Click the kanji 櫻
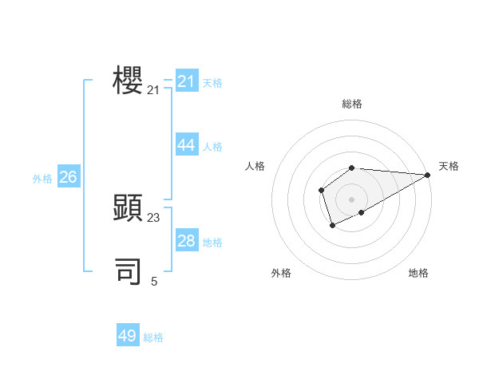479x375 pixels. [128, 81]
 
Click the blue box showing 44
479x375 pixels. [187, 144]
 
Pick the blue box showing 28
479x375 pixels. [187, 240]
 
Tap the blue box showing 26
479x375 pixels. [69, 177]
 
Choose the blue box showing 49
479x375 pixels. [128, 336]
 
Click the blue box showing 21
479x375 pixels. [187, 81]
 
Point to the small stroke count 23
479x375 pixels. [153, 218]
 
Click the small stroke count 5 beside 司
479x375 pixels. [154, 281]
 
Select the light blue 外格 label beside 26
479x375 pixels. [42, 179]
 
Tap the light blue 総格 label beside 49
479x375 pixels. [153, 337]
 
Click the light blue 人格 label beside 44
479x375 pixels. [212, 147]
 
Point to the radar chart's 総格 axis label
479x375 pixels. [351, 104]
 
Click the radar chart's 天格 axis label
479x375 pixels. [449, 166]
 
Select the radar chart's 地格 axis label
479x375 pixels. [418, 273]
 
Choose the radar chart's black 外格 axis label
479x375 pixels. [281, 273]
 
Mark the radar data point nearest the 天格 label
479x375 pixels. [427, 175]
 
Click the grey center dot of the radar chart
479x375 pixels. [351, 199]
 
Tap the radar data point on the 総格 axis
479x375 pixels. [351, 168]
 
